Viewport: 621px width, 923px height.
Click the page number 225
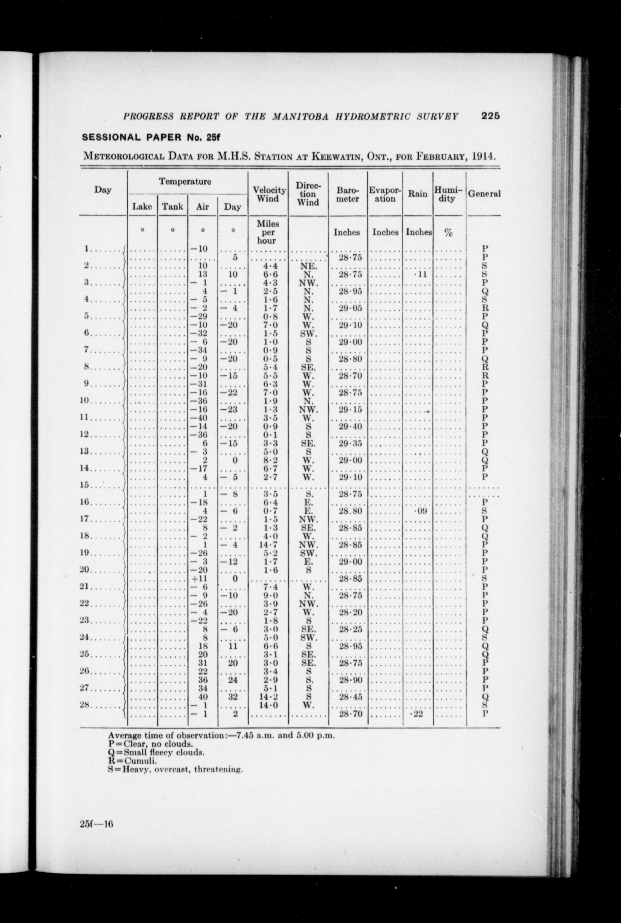[x=491, y=116]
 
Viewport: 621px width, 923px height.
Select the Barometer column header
[x=347, y=194]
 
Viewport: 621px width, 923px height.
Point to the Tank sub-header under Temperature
[x=173, y=206]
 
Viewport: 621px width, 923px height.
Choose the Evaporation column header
[x=385, y=194]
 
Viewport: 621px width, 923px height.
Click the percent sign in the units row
[x=448, y=233]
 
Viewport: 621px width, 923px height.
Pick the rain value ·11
[x=420, y=274]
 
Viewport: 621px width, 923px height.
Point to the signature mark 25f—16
[x=97, y=824]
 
